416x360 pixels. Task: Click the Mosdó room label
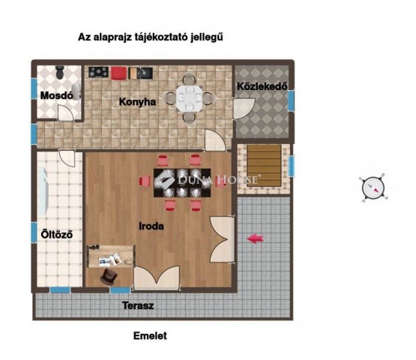coord(56,95)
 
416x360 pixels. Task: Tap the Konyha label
coord(137,102)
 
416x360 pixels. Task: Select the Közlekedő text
coord(262,86)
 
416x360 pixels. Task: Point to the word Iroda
coord(151,226)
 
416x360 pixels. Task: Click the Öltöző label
coord(57,235)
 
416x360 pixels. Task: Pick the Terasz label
coord(138,305)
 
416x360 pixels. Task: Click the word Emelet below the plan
coord(150,336)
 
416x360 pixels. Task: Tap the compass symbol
coord(373,188)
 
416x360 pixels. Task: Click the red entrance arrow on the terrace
coord(256,238)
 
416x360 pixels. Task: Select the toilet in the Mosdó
coord(60,72)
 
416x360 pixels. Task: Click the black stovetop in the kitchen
coord(98,72)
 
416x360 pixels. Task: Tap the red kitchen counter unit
coord(118,73)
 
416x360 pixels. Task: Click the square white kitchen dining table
coord(189,98)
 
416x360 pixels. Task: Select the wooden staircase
coord(264,165)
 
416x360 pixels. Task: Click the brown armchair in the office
coord(109,275)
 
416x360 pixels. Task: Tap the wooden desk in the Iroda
coord(111,256)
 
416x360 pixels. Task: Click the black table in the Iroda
coord(182,183)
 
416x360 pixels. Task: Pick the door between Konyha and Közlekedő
coord(244,109)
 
